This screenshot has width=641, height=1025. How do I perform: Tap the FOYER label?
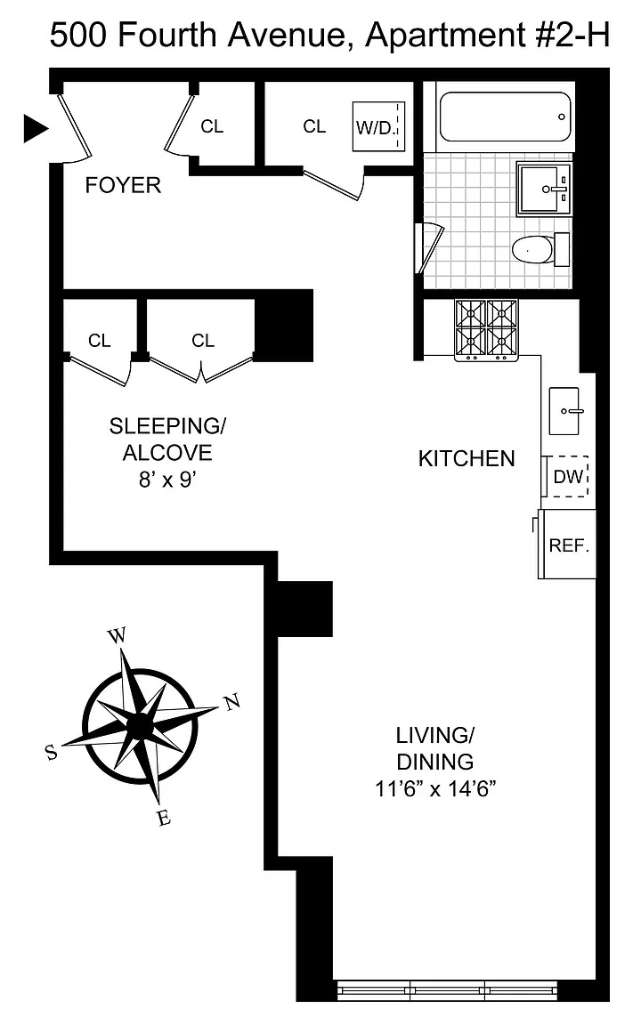[x=123, y=185]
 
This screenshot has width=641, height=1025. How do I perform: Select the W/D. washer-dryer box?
[x=378, y=126]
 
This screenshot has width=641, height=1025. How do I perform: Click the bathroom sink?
[x=545, y=189]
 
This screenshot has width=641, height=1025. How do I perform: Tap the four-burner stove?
[x=486, y=330]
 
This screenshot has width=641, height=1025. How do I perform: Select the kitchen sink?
[x=564, y=411]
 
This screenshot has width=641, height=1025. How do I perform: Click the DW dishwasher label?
[x=568, y=477]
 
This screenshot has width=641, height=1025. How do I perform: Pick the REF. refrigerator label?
[x=569, y=545]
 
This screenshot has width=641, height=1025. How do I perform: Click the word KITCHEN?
[x=467, y=458]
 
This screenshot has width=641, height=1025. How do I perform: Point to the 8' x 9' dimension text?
[x=167, y=480]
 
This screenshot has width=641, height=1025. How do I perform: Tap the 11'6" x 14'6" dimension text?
[x=435, y=789]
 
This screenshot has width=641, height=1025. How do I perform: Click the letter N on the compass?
[x=232, y=702]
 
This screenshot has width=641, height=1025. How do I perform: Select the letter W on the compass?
[x=117, y=635]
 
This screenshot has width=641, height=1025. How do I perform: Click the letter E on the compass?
[x=164, y=817]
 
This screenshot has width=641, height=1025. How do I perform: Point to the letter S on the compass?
[x=51, y=753]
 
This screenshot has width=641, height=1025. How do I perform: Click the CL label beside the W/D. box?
[x=314, y=126]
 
